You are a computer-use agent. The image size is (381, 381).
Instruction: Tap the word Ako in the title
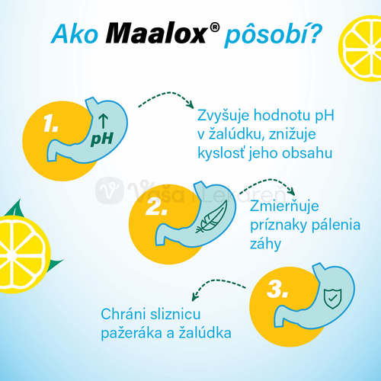click(72, 35)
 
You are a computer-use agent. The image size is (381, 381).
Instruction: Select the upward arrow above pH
click(103, 119)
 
